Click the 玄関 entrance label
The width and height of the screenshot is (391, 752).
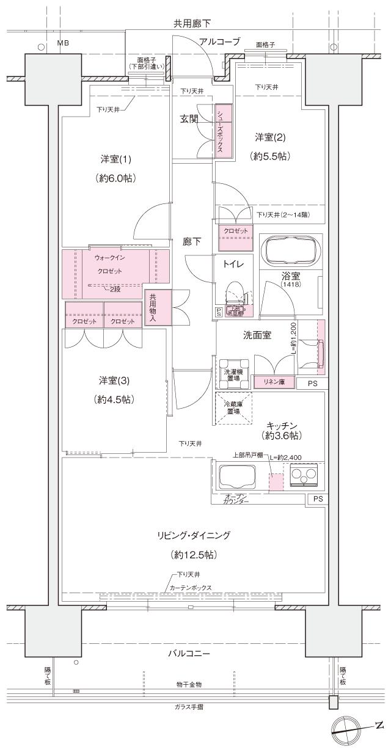click(x=188, y=119)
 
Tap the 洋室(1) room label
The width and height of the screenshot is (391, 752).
click(x=115, y=159)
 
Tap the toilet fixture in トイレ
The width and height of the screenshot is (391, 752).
click(x=233, y=295)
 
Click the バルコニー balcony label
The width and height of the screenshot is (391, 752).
click(x=191, y=653)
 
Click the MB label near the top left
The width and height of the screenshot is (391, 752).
click(x=63, y=43)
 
